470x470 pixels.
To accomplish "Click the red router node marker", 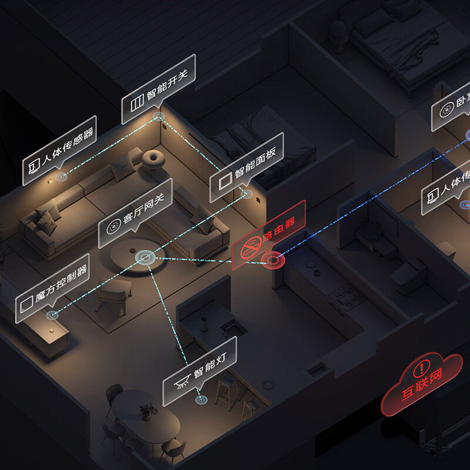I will [271, 258].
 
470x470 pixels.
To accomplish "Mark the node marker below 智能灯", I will [202, 399].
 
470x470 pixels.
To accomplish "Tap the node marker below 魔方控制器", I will [53, 315].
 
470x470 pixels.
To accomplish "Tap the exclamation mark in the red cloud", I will [422, 370].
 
